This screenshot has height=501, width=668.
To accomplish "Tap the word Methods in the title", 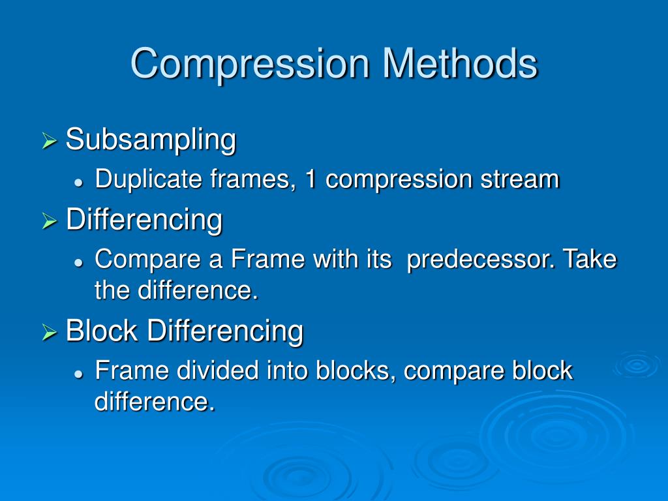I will (x=460, y=63).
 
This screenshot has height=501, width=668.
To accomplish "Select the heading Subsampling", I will (x=151, y=140).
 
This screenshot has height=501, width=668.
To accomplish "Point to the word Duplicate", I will (x=149, y=179).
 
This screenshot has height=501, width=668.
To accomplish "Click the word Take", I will (x=590, y=259).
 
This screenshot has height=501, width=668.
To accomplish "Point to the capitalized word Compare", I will (x=148, y=260).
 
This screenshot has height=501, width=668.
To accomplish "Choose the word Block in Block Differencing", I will (x=102, y=331).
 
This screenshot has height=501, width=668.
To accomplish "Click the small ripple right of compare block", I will (x=637, y=365).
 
